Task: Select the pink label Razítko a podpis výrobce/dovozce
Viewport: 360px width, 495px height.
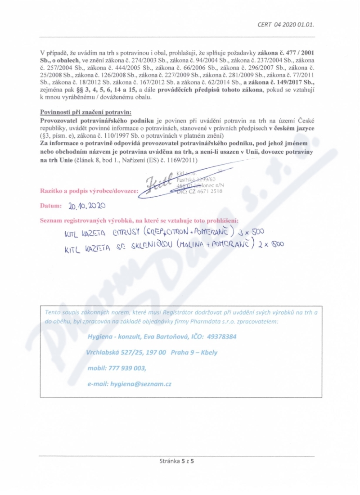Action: coord(89,191)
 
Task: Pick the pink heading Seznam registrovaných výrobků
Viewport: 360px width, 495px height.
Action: coord(139,220)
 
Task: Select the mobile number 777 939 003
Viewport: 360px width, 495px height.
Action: coord(127,368)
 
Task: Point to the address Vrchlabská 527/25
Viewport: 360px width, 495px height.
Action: coord(119,352)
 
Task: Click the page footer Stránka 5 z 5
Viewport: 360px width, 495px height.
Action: coord(180,461)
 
